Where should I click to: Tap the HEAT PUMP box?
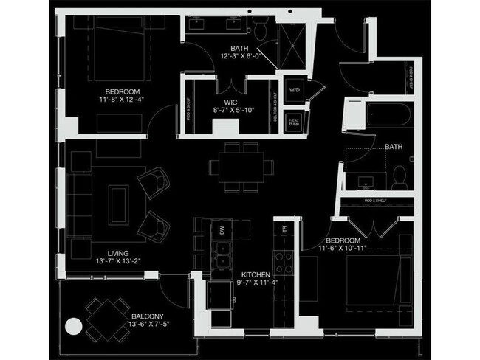(x=294, y=122)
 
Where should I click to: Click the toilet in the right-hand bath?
(x=400, y=176)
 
